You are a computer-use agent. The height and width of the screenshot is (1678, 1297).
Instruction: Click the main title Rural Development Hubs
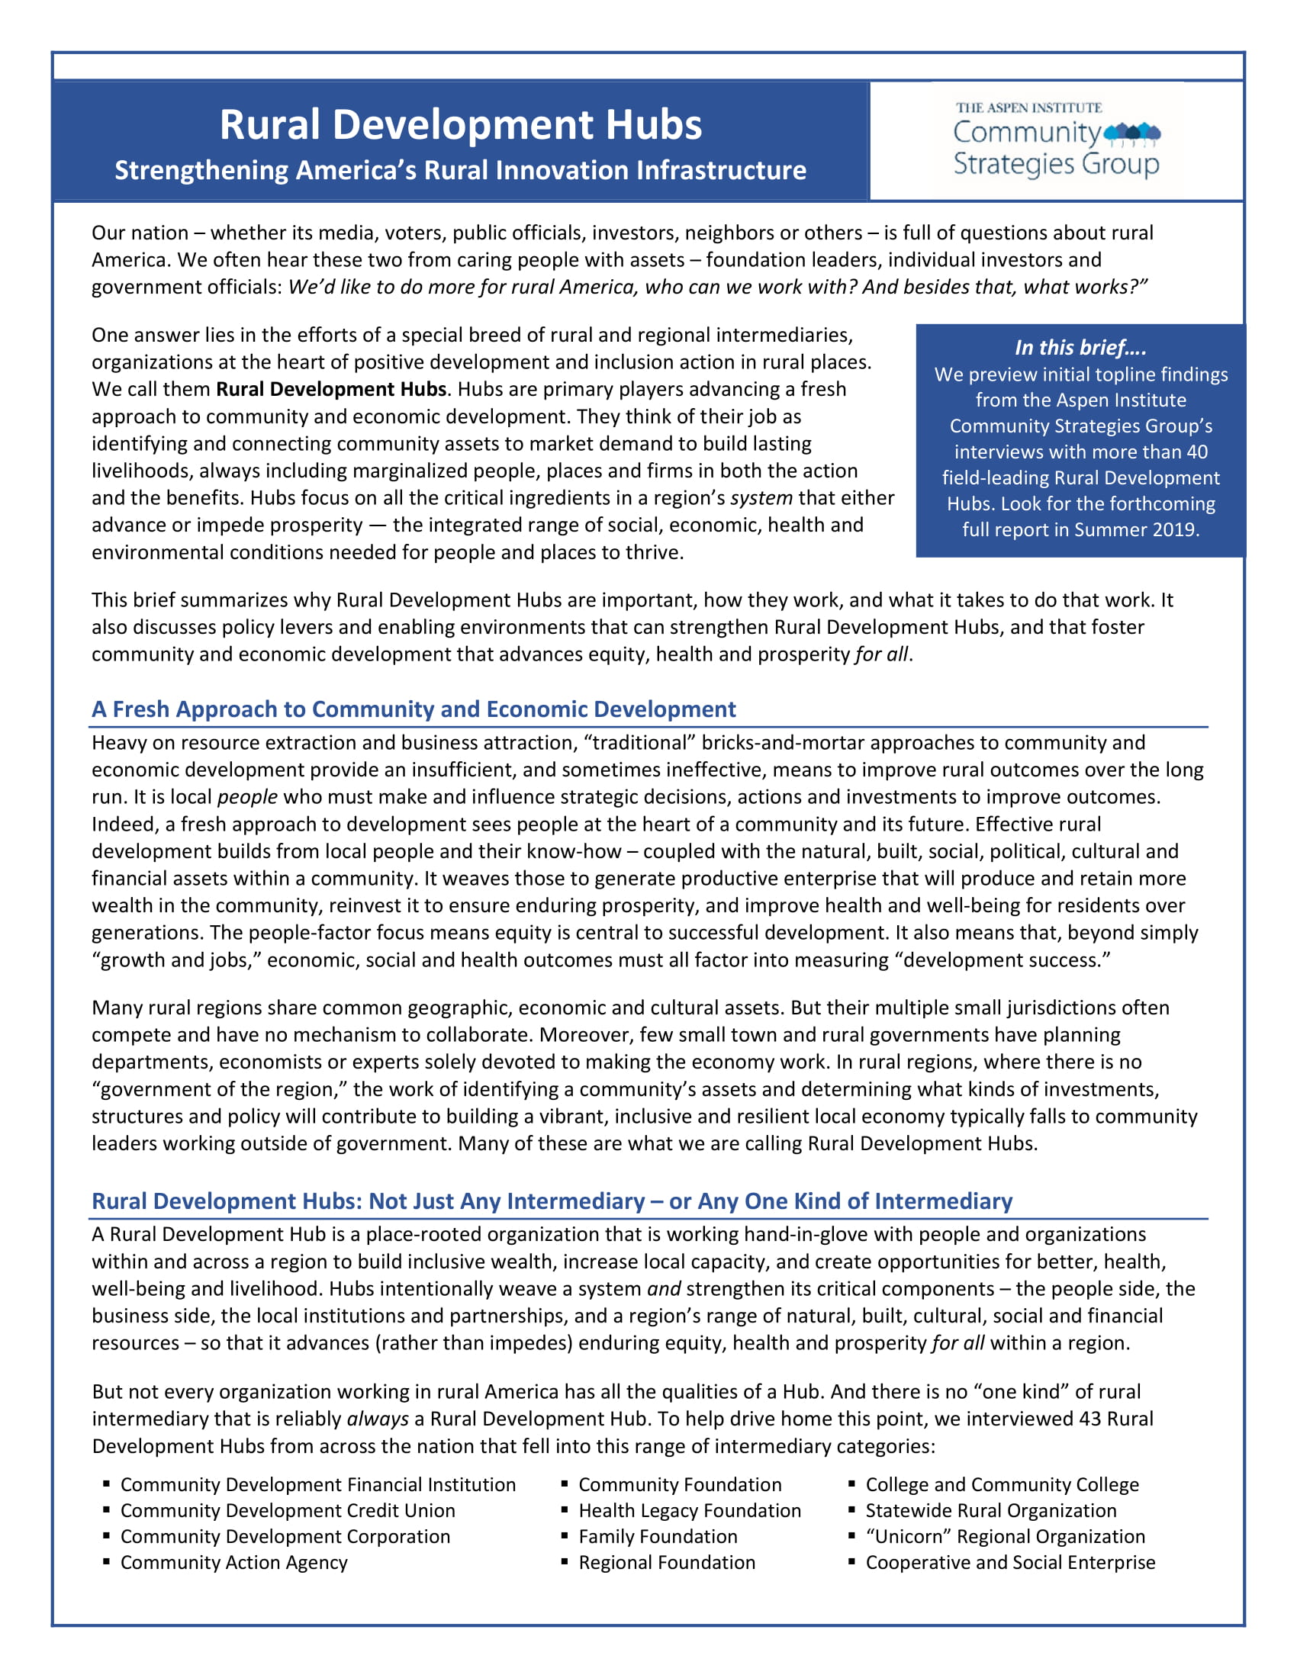(x=460, y=124)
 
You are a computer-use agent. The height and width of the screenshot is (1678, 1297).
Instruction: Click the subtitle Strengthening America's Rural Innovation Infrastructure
(x=460, y=171)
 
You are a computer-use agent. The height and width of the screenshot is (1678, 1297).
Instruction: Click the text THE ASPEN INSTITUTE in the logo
(x=1028, y=108)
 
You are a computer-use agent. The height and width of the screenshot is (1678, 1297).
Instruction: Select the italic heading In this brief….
(x=1080, y=348)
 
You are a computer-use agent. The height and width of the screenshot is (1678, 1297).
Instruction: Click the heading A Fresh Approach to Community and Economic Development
(x=414, y=709)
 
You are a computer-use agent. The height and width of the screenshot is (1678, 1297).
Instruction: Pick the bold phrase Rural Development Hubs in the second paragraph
(x=330, y=390)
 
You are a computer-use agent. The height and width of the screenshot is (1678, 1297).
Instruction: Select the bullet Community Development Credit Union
(x=288, y=1510)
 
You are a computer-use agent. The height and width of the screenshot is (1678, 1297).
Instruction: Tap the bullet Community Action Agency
(x=233, y=1563)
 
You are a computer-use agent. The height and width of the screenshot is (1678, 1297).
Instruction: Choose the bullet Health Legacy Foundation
(x=689, y=1510)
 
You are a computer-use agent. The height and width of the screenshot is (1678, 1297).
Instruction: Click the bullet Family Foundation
(x=658, y=1537)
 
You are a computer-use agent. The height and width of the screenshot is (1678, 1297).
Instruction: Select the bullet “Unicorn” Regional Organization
(x=1005, y=1537)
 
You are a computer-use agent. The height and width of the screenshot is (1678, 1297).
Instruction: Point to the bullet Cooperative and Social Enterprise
(x=1009, y=1563)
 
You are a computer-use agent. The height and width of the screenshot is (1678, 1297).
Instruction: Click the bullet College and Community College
(x=1002, y=1484)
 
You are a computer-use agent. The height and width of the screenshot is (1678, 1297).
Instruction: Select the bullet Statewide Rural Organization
(x=990, y=1510)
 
